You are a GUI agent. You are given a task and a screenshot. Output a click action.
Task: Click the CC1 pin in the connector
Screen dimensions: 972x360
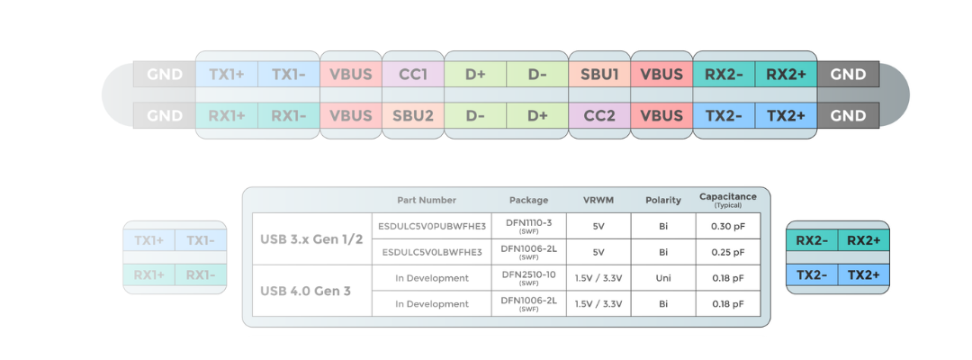point(413,75)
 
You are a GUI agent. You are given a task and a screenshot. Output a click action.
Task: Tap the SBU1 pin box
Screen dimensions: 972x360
point(599,75)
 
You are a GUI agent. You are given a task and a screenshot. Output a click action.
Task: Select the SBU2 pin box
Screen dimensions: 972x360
point(413,115)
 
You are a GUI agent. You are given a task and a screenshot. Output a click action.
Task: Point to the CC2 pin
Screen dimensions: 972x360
point(599,115)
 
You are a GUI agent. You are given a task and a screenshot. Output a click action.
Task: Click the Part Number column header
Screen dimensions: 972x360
point(427,200)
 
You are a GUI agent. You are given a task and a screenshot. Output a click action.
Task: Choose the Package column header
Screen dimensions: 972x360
point(529,200)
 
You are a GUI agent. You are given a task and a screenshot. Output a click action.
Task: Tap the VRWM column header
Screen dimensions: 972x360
point(598,200)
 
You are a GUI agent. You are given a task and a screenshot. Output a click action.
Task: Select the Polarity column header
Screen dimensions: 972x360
point(663,200)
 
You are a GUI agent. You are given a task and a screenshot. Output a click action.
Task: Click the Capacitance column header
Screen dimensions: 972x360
point(728,200)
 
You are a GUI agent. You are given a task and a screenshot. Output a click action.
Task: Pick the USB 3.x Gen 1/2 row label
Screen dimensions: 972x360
point(311,239)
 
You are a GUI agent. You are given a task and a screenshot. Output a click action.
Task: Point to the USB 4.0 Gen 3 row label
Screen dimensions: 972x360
point(306,291)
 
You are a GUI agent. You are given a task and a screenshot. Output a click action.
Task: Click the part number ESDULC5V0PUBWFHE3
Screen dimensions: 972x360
point(432,226)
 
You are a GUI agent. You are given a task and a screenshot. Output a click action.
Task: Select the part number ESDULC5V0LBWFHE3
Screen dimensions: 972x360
point(432,252)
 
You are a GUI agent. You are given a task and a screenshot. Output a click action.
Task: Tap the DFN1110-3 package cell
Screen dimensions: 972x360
point(529,226)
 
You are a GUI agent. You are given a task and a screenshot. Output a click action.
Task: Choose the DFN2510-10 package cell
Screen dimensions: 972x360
point(529,278)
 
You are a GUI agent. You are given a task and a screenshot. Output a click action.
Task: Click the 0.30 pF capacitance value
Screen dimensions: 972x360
point(728,226)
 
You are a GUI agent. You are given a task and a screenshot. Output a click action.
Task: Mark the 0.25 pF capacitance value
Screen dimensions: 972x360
point(728,252)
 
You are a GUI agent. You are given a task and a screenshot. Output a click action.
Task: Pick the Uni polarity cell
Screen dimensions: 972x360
point(663,278)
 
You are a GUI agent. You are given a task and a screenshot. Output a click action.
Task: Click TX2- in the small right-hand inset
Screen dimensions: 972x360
point(812,275)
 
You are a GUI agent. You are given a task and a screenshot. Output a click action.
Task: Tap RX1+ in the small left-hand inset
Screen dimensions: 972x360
point(149,275)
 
